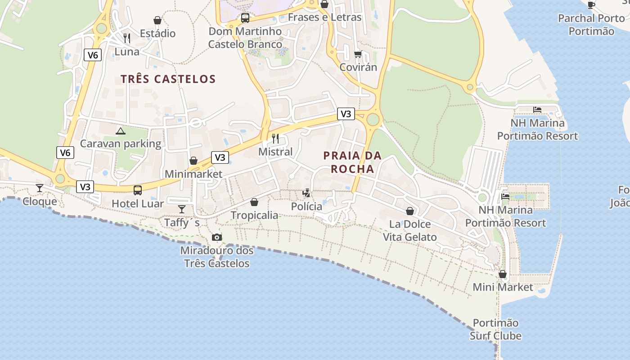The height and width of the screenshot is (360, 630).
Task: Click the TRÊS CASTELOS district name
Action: [x=168, y=79]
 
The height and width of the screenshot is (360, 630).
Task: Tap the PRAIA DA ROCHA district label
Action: [x=352, y=162]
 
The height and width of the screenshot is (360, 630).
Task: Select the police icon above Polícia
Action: [x=306, y=193]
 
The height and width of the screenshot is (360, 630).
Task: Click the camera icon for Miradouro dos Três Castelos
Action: [x=217, y=237]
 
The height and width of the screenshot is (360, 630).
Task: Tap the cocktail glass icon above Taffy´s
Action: [x=182, y=209]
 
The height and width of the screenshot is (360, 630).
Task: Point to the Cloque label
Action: [x=40, y=201]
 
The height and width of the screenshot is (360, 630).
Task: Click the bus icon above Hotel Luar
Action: [x=138, y=190]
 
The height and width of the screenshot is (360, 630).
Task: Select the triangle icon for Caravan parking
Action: [x=120, y=131]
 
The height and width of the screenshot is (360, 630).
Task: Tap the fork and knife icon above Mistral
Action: [x=275, y=138]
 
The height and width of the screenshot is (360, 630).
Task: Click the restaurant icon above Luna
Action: [x=127, y=38]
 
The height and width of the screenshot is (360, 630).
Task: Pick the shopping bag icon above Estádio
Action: [x=157, y=20]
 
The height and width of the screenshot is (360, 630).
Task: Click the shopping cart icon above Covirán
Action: [x=358, y=54]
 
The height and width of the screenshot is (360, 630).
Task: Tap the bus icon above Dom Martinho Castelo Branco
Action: [x=245, y=18]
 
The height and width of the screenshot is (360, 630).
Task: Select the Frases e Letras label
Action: [x=324, y=18]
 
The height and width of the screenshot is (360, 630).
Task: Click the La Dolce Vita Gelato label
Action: [x=409, y=230]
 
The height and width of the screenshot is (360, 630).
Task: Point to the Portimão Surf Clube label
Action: [x=495, y=329]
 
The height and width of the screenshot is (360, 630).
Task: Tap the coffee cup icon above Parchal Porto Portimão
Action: [x=591, y=5]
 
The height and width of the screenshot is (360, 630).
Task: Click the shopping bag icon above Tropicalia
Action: [x=254, y=202]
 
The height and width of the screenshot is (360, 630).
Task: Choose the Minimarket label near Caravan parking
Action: [x=193, y=174]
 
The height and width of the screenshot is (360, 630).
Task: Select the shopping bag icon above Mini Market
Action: [x=503, y=274]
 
